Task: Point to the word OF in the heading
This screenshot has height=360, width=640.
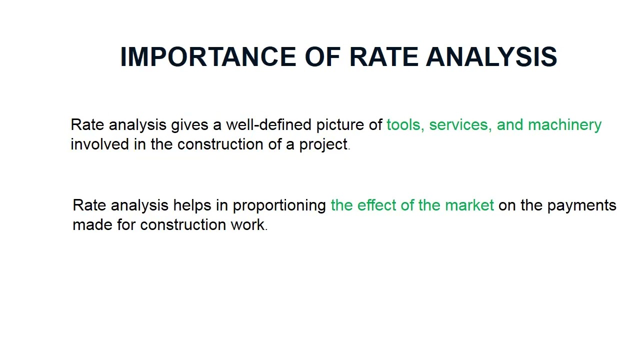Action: [x=326, y=57]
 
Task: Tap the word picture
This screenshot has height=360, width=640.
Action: [x=340, y=125]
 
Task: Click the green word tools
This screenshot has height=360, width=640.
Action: [x=405, y=125]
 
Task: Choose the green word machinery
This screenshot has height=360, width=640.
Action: [x=564, y=125]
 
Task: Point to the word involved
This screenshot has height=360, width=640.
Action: [x=99, y=144]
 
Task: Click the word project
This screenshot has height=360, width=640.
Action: [x=323, y=145]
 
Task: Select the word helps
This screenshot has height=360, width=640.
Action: [x=192, y=205]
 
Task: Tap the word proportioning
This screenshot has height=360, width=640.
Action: [x=279, y=206]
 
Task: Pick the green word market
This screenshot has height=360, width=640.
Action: [x=469, y=205]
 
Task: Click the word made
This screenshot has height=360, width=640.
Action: [x=92, y=225]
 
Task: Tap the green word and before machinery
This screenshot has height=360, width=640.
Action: [x=509, y=125]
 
